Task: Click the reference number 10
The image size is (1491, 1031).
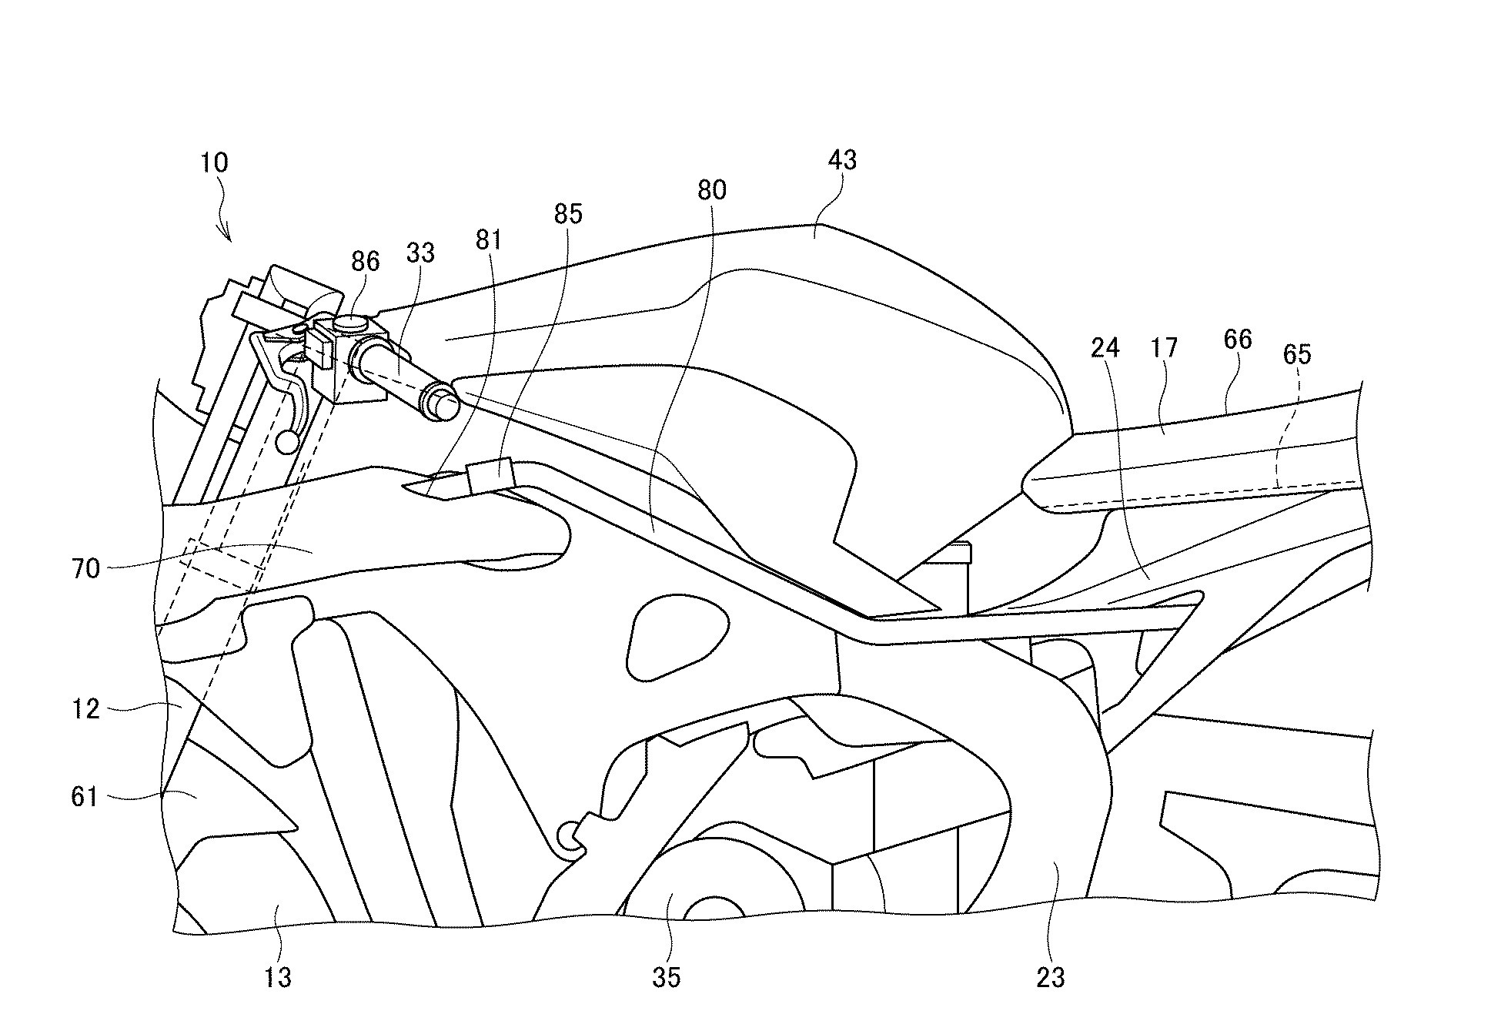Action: (214, 163)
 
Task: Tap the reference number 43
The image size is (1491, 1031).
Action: (842, 160)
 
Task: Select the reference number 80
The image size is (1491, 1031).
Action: (712, 190)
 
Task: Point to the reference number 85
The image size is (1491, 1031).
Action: (568, 214)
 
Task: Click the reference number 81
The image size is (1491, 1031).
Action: (489, 240)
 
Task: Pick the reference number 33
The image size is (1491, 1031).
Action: (420, 253)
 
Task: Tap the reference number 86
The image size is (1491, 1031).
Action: (365, 262)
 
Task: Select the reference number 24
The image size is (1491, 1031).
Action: (1105, 349)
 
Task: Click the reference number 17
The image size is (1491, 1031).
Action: (1164, 348)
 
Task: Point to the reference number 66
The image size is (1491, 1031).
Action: (1237, 340)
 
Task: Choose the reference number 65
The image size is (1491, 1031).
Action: (1296, 354)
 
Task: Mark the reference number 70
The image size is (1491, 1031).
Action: (86, 570)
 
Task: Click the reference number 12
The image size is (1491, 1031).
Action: (86, 708)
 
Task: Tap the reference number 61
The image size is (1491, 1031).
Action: (85, 796)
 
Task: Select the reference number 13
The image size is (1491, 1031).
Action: (278, 977)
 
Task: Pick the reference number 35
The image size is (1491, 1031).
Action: (667, 977)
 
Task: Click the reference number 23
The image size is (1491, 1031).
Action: (1050, 977)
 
